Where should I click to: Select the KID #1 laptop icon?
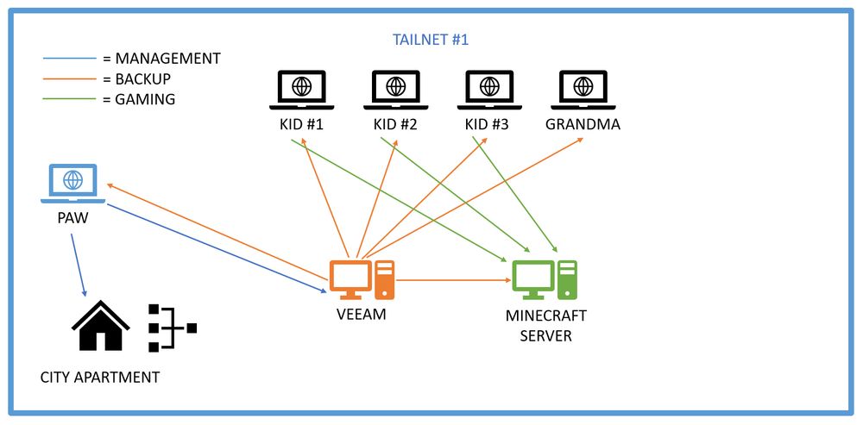pos(301,88)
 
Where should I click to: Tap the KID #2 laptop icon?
pos(395,88)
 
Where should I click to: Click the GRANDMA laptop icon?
pos(583,88)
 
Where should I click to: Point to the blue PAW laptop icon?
pos(73,183)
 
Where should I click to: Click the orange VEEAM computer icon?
pos(362,279)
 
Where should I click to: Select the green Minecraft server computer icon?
pos(544,279)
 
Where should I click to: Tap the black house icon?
pos(100,326)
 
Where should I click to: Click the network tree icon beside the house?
pos(171,328)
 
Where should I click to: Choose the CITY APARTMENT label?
pos(100,377)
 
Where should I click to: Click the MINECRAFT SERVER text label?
pos(545,326)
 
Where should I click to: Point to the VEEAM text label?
pos(361,315)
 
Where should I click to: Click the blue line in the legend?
pos(69,59)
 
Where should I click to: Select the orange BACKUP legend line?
pos(69,78)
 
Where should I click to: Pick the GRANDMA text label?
pos(583,125)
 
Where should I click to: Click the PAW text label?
pos(73,219)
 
